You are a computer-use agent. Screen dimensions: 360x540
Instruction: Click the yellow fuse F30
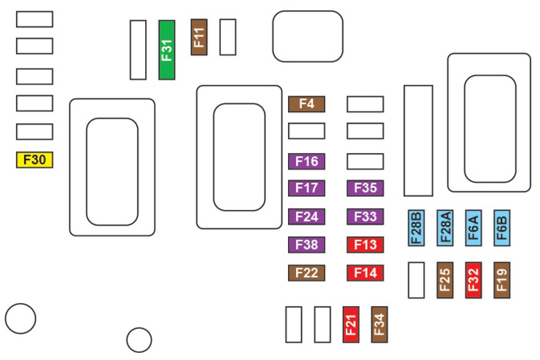tap(34, 160)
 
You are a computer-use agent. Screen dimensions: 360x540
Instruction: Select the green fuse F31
tap(167, 50)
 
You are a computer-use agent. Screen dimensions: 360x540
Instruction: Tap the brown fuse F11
tap(199, 37)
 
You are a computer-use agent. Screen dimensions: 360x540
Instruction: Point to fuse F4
tap(307, 104)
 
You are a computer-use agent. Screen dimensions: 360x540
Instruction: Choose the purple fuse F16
tap(307, 161)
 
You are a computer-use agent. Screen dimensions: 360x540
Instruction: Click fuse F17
tap(307, 188)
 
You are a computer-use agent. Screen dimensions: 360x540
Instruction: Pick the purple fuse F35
tap(365, 188)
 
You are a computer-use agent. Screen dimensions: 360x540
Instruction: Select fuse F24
tap(307, 216)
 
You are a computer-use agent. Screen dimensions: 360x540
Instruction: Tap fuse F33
tap(365, 216)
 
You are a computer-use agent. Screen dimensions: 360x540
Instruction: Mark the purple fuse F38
tap(307, 245)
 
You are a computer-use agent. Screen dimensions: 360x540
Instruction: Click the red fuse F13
tap(365, 245)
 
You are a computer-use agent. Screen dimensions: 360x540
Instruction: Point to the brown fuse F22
tap(307, 273)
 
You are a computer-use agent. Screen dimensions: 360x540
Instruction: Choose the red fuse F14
tap(365, 273)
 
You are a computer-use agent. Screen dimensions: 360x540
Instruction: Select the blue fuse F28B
tap(416, 228)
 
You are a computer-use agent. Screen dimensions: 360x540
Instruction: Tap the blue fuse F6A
tap(473, 228)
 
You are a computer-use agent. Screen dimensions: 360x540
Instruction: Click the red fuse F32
tap(473, 280)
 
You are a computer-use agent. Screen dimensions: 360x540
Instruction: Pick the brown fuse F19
tap(502, 280)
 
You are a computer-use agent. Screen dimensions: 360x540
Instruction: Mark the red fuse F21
tap(351, 325)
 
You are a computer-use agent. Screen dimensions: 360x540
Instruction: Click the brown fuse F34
tap(379, 325)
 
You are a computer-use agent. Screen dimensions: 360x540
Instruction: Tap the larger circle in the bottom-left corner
tap(21, 318)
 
